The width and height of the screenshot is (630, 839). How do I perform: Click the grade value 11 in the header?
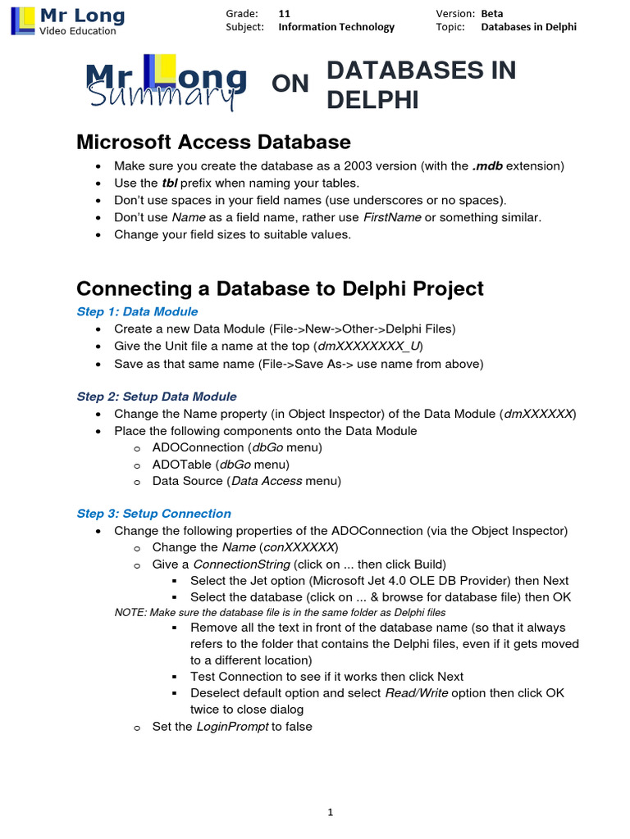[284, 14]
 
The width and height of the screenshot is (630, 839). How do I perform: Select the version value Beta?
[492, 14]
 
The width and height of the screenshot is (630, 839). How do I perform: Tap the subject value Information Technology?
[336, 27]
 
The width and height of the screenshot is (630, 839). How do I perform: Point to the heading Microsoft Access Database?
[213, 142]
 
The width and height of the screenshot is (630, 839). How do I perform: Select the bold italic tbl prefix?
[170, 183]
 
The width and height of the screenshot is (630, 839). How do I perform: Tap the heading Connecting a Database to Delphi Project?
[280, 288]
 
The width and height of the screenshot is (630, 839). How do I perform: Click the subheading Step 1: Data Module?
[137, 311]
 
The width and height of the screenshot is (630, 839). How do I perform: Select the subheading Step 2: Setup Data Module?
[157, 397]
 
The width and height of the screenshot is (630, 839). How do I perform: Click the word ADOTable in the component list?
[179, 465]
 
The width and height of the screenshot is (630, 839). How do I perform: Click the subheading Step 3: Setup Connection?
[154, 514]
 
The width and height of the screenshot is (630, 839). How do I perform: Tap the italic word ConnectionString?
[241, 565]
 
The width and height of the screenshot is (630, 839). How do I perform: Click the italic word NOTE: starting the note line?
[129, 613]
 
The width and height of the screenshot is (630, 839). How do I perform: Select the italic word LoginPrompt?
[232, 727]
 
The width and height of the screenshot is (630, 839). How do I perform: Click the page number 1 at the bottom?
[330, 813]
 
